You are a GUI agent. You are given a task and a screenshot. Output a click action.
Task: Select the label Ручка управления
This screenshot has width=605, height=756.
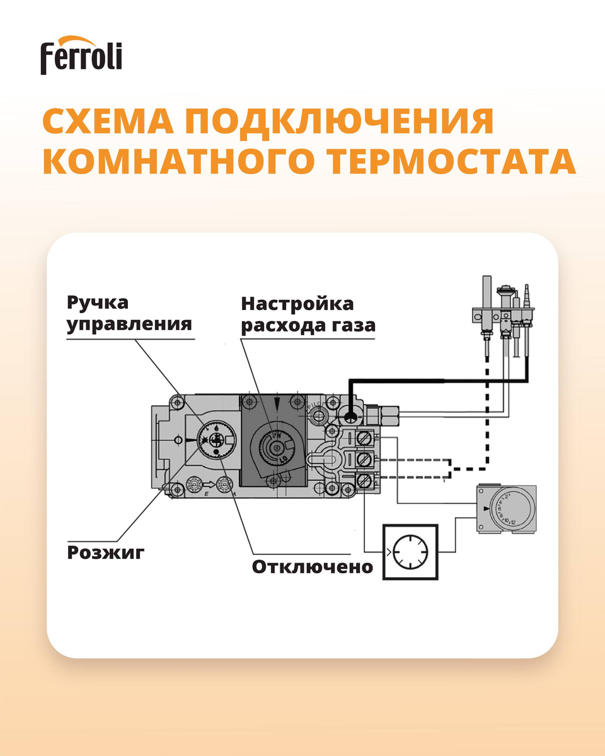[x=129, y=313]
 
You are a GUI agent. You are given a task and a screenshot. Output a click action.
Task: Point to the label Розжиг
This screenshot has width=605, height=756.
[x=106, y=553]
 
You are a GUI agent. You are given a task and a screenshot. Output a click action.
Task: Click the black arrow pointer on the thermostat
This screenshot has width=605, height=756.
[x=485, y=507]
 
